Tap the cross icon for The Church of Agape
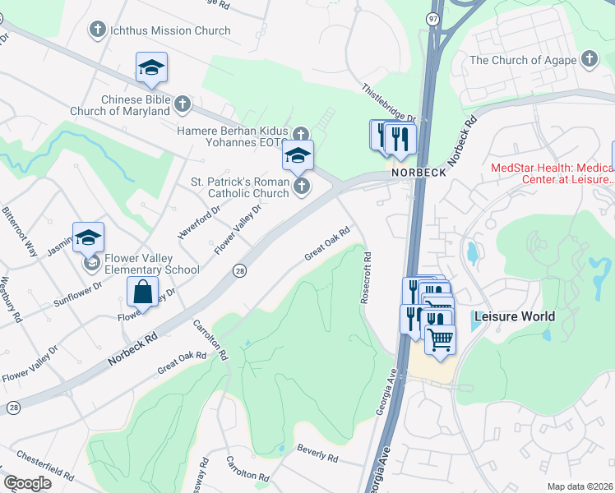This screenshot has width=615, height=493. tap(589, 59)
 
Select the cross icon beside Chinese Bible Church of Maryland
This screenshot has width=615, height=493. tap(183, 104)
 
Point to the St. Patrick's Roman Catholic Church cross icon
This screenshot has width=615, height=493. tap(302, 187)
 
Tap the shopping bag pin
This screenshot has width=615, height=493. tap(143, 292)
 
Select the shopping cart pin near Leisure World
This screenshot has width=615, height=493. tap(441, 338)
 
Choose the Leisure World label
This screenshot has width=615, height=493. tap(514, 316)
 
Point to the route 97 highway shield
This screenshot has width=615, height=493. tap(433, 18)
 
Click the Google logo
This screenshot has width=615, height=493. tap(27, 483)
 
